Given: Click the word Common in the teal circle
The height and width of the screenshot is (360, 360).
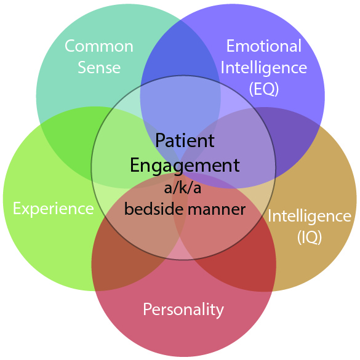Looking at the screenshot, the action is (99, 46).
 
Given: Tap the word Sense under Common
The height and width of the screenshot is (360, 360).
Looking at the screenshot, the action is (99, 67).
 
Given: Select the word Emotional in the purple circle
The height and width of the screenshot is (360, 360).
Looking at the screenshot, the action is (264, 46).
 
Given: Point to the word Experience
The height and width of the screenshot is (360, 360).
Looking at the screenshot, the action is (54, 209).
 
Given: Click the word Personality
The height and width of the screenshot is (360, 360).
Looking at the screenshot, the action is (183, 310).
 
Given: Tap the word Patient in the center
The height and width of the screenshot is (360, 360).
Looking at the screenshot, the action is (185, 140).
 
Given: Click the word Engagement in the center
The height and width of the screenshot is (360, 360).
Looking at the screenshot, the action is (185, 166).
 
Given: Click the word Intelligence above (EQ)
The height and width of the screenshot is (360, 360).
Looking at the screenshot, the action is (264, 68).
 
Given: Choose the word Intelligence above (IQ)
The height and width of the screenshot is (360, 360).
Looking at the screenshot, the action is (310, 217).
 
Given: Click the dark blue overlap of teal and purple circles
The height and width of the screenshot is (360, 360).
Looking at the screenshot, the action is (179, 50).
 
